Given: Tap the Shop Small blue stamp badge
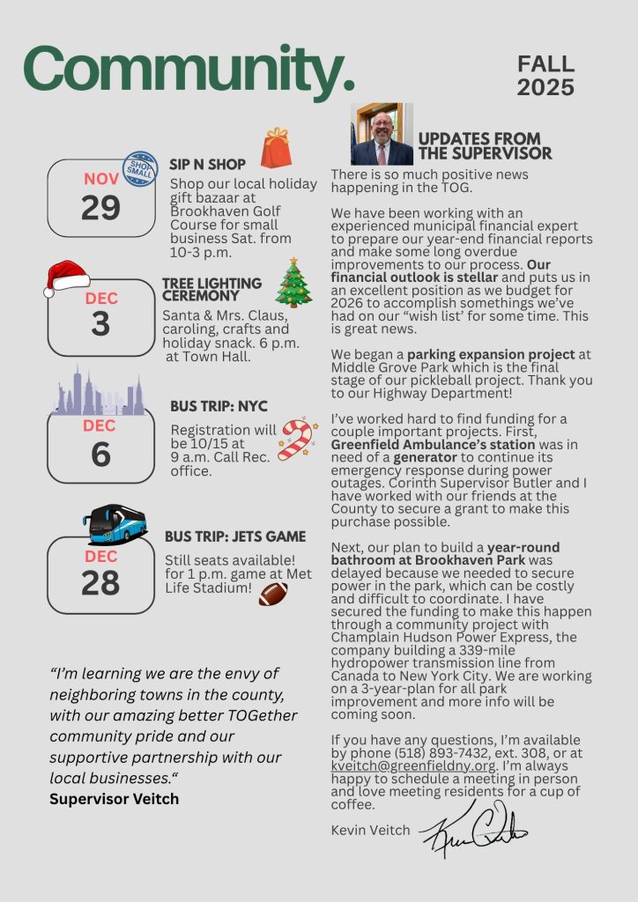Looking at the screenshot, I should point(139,168).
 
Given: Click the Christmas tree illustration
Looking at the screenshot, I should point(293,283).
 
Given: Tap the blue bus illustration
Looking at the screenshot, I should point(118,523).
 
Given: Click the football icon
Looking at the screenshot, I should point(273,594).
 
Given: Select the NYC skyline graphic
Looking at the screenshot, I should point(99,391).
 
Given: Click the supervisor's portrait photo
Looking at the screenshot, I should point(382,134).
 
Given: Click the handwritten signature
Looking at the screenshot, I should point(473,827).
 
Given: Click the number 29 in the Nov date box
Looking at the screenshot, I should point(100,208).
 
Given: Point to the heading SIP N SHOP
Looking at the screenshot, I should point(207,164).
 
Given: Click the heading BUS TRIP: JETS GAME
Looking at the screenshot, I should point(235,536).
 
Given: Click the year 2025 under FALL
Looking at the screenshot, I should point(545,88).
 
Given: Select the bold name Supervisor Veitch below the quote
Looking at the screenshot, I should point(114,799).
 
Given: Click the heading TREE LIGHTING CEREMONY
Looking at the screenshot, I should point(212,290).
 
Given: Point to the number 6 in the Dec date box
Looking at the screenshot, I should point(100,454).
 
